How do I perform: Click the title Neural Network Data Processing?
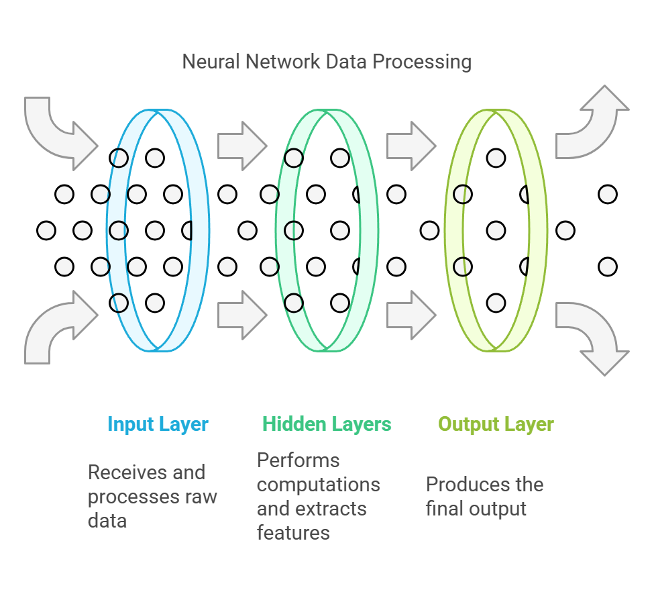click(x=327, y=62)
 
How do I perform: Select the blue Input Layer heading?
click(x=158, y=424)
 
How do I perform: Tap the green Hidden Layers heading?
click(x=327, y=424)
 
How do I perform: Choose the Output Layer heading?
click(x=496, y=424)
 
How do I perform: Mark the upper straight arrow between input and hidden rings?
click(x=242, y=146)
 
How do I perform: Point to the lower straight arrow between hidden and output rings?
click(x=411, y=315)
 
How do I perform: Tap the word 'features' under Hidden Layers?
click(x=293, y=533)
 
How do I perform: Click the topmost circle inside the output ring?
click(x=496, y=158)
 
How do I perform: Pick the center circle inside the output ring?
click(x=496, y=230)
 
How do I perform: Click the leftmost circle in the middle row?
click(x=46, y=230)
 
